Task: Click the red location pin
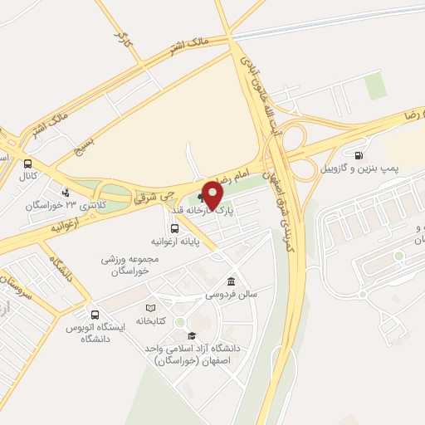coord(212,197)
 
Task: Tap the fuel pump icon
coord(359,154)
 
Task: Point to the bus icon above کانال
coord(29,164)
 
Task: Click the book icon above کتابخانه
coord(150,309)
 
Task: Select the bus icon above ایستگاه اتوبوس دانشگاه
coord(95,315)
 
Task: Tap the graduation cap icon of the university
coord(192,336)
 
